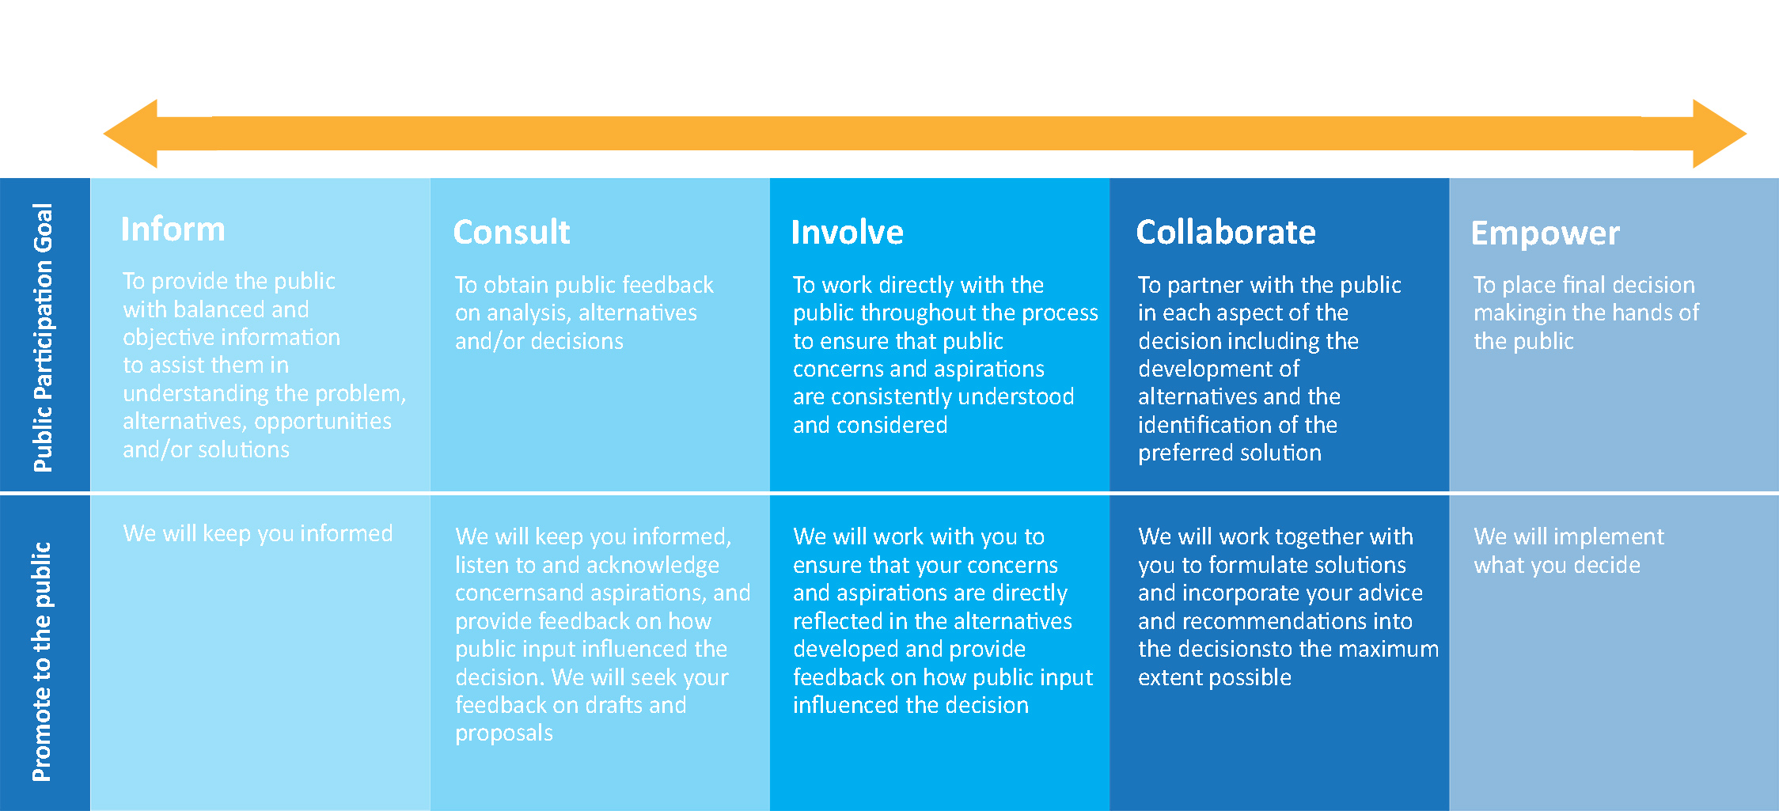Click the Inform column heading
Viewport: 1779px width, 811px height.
[173, 229]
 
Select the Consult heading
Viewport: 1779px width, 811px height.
[511, 232]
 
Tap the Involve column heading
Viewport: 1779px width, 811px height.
[847, 232]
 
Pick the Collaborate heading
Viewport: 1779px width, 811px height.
[1226, 232]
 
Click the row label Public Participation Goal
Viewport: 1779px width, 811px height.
[43, 338]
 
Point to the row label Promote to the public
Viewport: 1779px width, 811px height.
[41, 661]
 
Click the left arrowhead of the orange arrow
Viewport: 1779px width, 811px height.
[131, 134]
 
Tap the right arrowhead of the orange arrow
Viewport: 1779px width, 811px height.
[1720, 134]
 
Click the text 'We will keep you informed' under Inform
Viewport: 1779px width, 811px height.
[258, 534]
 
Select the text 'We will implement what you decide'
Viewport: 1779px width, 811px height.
[1568, 551]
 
